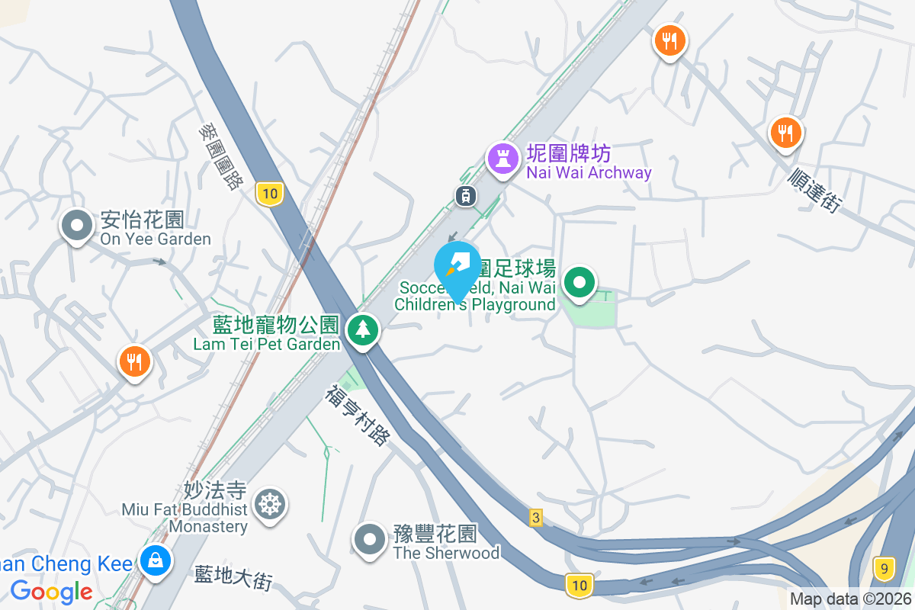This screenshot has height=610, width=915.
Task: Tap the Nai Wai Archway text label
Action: point(589,163)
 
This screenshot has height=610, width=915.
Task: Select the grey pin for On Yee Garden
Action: point(77,226)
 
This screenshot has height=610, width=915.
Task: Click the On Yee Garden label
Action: point(156,230)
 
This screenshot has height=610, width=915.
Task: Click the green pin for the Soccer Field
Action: point(579,283)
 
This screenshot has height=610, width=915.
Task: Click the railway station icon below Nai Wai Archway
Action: point(465,196)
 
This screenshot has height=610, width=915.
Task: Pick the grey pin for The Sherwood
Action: point(371,539)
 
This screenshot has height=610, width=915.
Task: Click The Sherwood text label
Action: point(446,543)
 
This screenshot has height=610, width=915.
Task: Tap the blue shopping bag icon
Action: point(156,560)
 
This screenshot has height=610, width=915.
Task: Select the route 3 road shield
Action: point(536,518)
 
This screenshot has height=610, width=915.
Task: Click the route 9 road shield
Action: point(883,568)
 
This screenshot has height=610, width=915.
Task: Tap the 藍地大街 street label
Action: point(233,577)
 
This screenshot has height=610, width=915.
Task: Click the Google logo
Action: point(51,591)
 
